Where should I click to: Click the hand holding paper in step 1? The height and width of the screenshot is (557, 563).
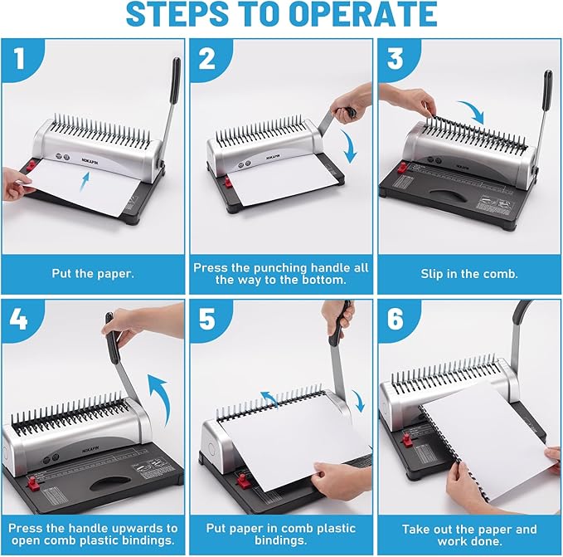pyautogui.click(x=17, y=184)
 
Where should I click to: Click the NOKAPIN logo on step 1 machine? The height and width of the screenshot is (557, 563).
pyautogui.click(x=91, y=151)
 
